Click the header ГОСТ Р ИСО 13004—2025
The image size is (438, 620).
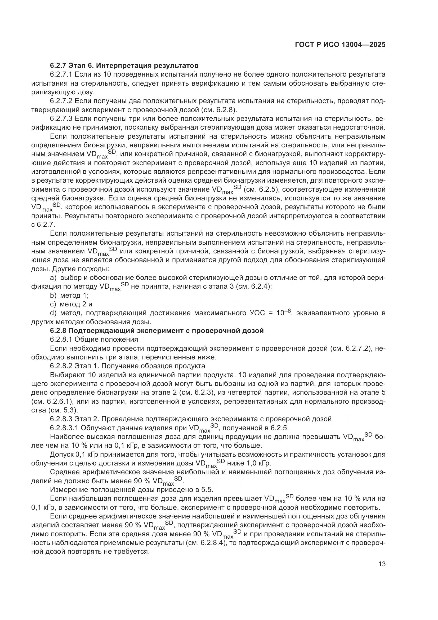click(340, 45)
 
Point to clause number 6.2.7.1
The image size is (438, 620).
click(61, 74)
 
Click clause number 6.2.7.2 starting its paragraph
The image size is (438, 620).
click(61, 101)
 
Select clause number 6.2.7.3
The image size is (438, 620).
click(61, 119)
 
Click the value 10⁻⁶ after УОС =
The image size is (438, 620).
click(283, 313)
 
